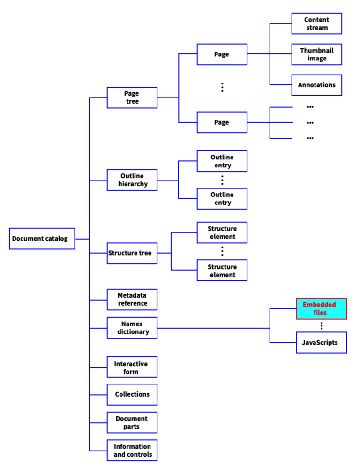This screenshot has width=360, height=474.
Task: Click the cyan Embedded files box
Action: tap(322, 308)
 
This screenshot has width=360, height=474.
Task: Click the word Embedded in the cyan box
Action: tap(319, 305)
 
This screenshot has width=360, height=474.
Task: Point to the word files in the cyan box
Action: tap(320, 313)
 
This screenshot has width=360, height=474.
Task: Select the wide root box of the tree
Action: tap(42, 239)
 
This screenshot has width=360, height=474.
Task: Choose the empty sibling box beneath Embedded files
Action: tap(322, 342)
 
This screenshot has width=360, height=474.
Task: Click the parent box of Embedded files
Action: tap(132, 328)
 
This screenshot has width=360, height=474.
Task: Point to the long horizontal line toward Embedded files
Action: tap(213, 328)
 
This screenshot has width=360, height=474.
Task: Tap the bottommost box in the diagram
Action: tap(132, 451)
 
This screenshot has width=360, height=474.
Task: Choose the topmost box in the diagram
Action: tap(316, 23)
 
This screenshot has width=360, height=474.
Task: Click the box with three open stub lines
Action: tap(222, 122)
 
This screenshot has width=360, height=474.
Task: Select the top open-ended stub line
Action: tap(282, 107)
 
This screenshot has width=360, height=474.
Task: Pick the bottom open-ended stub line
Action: tap(282, 138)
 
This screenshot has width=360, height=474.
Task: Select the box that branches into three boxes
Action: tap(222, 54)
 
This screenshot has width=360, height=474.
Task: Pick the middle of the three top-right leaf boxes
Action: tap(316, 54)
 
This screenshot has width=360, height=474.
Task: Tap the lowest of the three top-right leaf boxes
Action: tap(316, 85)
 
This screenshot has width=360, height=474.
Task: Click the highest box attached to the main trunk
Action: tap(132, 97)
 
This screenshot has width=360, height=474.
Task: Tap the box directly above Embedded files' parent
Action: tap(132, 299)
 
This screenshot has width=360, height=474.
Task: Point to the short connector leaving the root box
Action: tap(82, 239)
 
